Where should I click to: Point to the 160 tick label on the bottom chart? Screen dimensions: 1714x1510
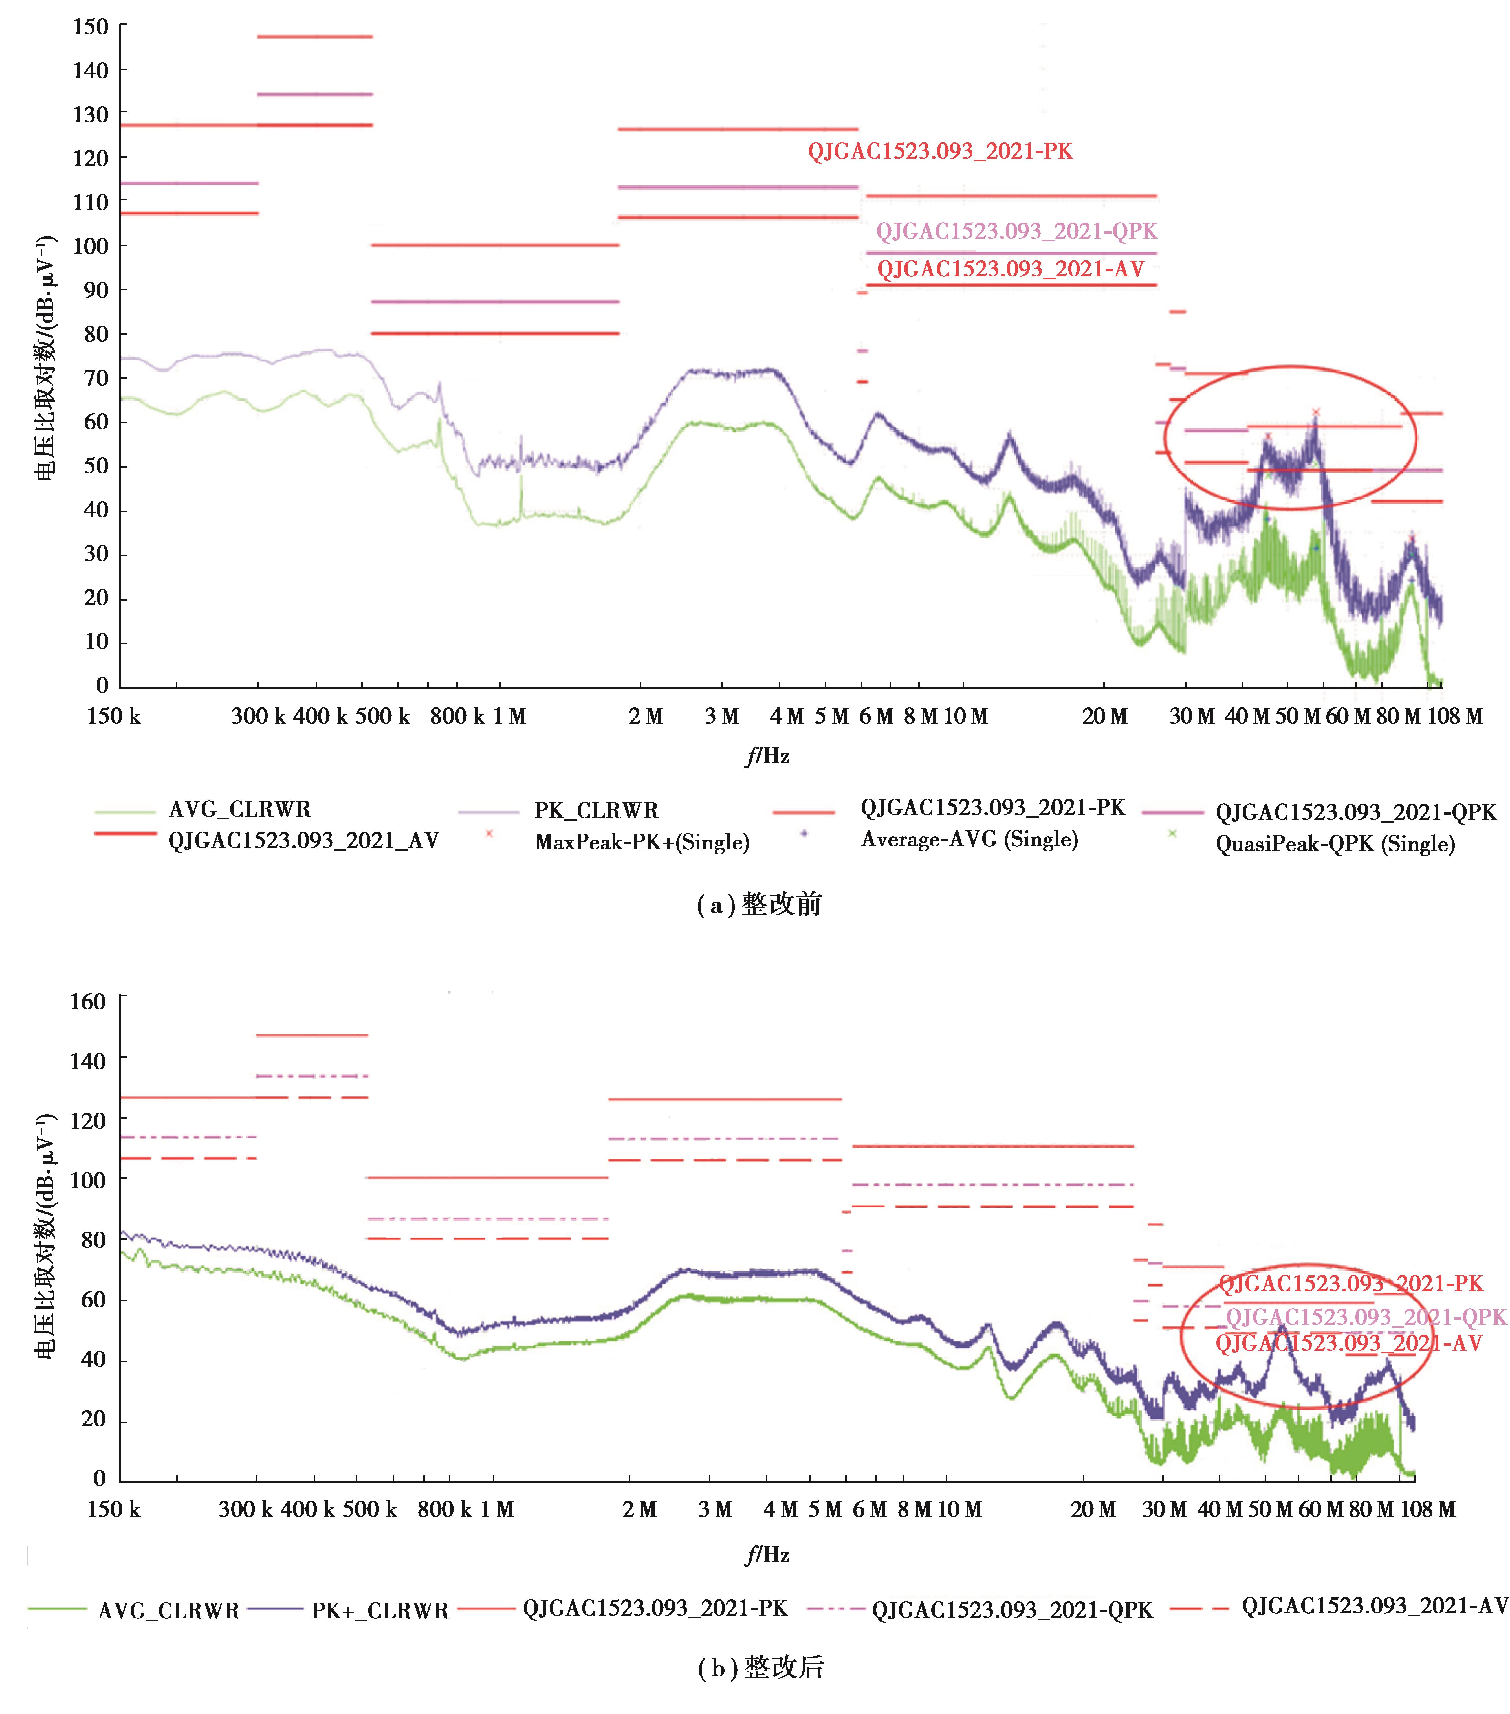pos(88,1002)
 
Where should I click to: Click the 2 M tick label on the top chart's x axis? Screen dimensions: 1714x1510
pos(646,716)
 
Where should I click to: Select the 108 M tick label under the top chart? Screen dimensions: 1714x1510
pos(1455,716)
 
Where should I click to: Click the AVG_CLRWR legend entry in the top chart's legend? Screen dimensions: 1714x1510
pos(239,809)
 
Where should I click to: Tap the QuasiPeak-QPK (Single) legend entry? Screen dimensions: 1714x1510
pos(1335,843)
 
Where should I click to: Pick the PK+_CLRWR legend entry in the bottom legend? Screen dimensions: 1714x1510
pos(380,1610)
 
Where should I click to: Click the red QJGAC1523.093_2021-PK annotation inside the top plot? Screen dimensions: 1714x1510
pos(940,151)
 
